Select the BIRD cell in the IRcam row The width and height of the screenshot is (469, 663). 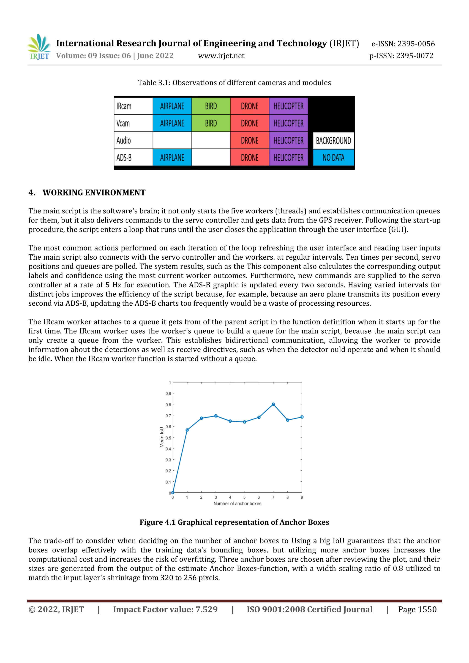click(211, 106)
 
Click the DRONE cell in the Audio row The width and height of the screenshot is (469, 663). click(250, 141)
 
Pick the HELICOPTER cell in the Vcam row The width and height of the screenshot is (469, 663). click(288, 123)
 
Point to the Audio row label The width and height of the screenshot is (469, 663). click(124, 141)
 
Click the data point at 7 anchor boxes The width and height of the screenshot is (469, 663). click(273, 404)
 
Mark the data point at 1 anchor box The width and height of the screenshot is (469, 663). click(187, 430)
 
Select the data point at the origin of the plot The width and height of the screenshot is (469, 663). click(173, 492)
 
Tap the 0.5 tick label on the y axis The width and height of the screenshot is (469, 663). click(168, 438)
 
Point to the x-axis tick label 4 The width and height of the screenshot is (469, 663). click(230, 497)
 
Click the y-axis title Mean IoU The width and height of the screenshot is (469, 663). click(162, 437)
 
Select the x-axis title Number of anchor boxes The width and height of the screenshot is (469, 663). click(237, 504)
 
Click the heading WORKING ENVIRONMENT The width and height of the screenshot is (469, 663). click(94, 193)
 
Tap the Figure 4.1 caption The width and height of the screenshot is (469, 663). click(234, 522)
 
